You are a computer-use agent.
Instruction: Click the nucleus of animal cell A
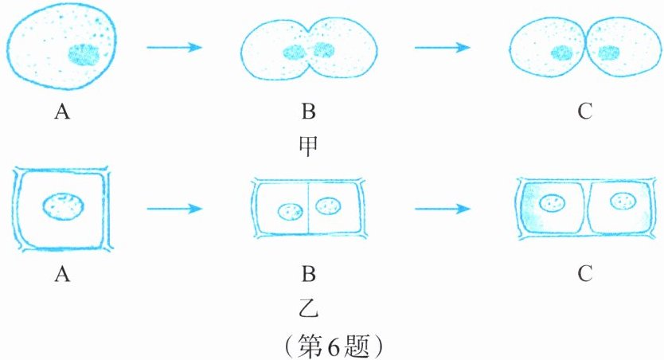tap(84, 55)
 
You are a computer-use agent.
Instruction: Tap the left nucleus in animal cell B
tap(294, 53)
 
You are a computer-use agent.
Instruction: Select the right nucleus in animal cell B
tap(324, 50)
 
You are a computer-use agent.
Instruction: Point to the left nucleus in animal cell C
tap(562, 53)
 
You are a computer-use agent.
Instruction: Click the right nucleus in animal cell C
tap(609, 53)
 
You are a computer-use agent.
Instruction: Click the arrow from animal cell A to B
tap(174, 47)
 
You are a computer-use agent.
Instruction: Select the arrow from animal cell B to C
tap(443, 47)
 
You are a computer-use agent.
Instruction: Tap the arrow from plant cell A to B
tap(174, 209)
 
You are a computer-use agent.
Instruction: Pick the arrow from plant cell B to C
tap(443, 209)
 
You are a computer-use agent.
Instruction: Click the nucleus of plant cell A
tap(64, 206)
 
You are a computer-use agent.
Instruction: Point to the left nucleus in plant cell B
tap(291, 211)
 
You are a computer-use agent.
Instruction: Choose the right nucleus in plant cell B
tap(329, 205)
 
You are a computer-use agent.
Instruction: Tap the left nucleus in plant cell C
tap(553, 202)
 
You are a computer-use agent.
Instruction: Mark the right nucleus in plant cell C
tap(623, 201)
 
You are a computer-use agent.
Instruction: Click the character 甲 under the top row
tap(308, 147)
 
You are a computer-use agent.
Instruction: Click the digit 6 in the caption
tap(333, 346)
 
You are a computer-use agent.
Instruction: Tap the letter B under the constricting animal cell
tap(308, 112)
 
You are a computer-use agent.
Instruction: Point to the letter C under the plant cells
tap(585, 274)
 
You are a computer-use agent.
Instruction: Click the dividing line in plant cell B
tap(308, 209)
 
